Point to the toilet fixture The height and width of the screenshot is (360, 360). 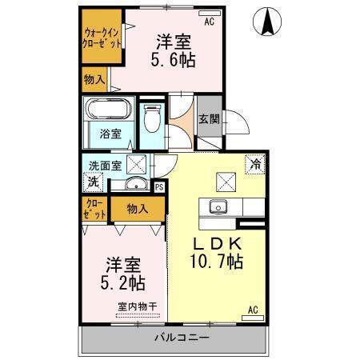pos(152,119)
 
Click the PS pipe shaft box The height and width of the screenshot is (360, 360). pos(158,187)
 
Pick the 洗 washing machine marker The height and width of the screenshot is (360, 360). pos(93,182)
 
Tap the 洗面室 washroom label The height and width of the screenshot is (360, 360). pos(104,166)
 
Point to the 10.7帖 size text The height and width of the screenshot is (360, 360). pos(216,262)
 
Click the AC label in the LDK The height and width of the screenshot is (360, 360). pos(254,310)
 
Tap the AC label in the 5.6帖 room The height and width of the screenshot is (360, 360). pos(210,22)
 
